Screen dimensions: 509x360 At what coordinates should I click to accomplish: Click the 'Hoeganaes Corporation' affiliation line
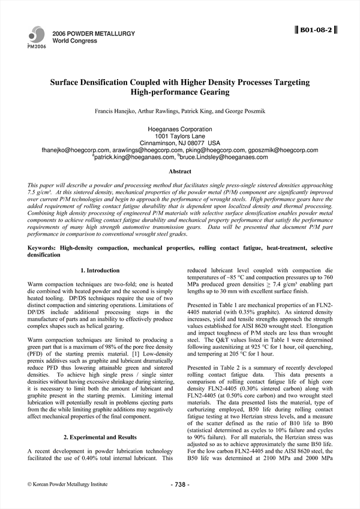pyautogui.click(x=179, y=129)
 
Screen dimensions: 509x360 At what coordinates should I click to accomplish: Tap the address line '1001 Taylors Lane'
pyautogui.click(x=179, y=136)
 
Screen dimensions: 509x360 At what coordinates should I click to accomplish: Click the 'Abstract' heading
pyautogui.click(x=179, y=171)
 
